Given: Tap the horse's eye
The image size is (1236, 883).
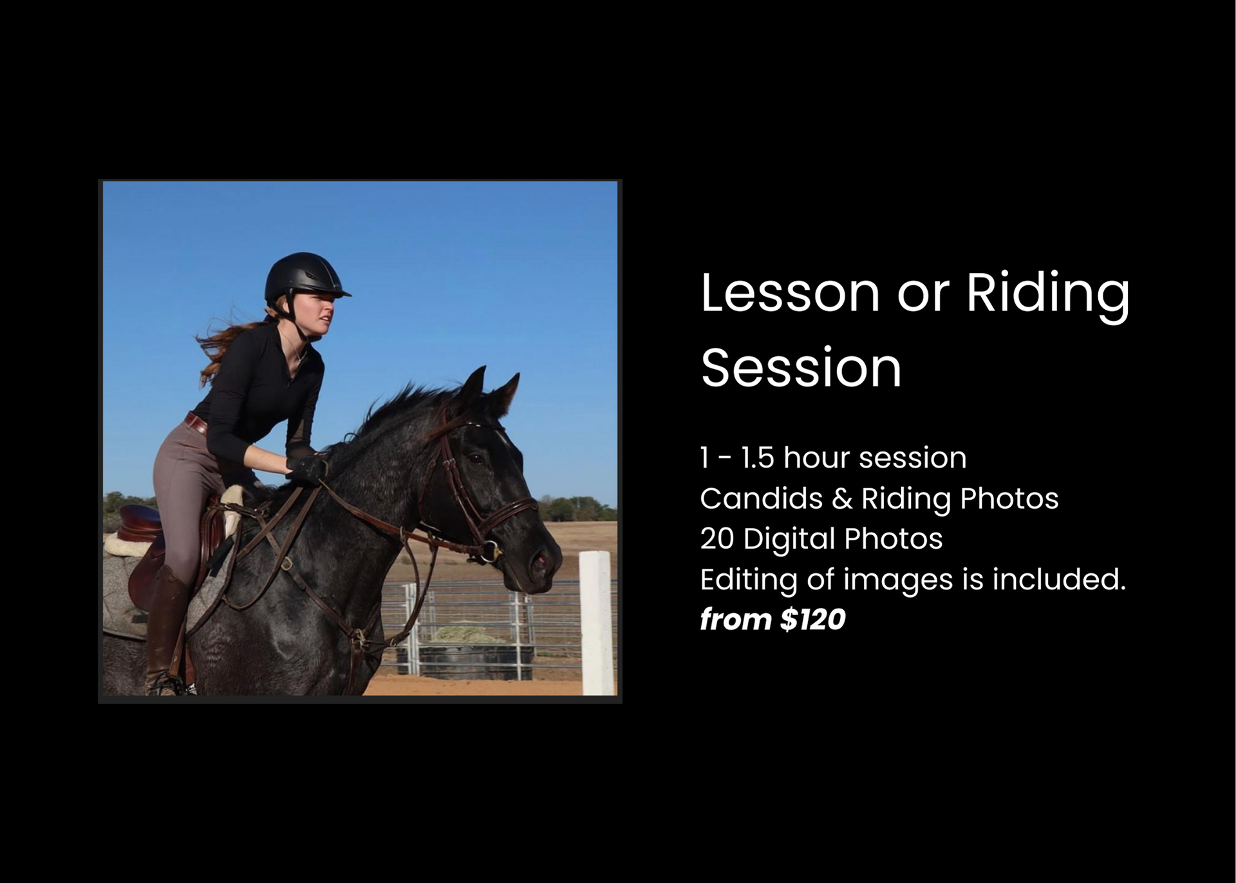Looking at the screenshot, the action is pos(476,459).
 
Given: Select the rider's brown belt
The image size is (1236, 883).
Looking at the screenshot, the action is pos(196,424).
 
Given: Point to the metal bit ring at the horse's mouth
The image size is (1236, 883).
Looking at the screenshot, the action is pos(491,551).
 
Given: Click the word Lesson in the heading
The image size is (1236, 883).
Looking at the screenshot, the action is pos(790,293).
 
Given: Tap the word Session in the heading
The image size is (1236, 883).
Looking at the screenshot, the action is pos(801,368).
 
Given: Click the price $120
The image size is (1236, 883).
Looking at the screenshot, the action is pos(812,620).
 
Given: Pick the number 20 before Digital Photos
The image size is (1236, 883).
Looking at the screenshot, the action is pos(716,539).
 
